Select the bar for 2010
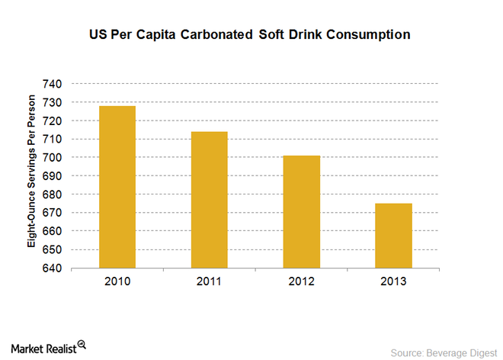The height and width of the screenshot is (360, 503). click(117, 187)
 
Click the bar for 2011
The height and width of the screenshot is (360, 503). click(209, 200)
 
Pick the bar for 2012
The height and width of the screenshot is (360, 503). click(301, 212)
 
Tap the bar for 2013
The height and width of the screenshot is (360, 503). click(393, 236)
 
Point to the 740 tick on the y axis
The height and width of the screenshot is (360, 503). click(58, 83)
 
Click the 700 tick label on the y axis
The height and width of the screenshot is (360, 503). click(58, 157)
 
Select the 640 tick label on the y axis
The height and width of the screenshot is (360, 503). click(58, 268)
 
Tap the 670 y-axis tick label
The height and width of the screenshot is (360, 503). click(58, 213)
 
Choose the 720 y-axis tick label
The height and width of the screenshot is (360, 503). click(58, 121)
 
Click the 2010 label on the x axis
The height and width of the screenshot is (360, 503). click(117, 282)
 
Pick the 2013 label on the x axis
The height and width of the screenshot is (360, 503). click(393, 282)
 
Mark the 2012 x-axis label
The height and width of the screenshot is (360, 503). click(301, 282)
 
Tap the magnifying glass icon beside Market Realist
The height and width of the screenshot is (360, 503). click(82, 344)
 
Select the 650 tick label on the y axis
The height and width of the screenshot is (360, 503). click(58, 250)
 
